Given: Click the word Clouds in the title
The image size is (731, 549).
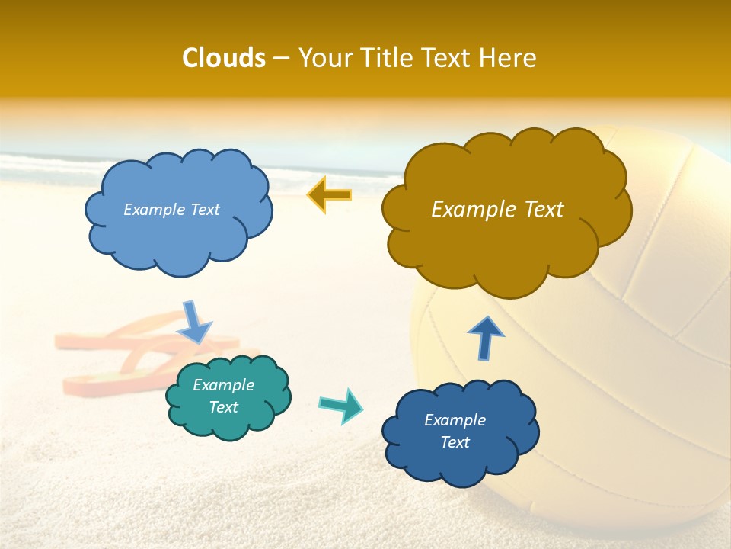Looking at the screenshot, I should (x=223, y=58).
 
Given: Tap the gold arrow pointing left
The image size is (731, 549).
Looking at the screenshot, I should (x=329, y=195).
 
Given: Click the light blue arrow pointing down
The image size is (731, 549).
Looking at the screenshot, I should (x=194, y=322).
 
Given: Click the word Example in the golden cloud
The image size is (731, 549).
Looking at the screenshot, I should (x=473, y=210).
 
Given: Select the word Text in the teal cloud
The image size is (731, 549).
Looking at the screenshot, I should (x=223, y=407).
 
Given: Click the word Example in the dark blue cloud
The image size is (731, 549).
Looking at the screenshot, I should (x=455, y=420).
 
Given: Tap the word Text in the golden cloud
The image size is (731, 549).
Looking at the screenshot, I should (x=542, y=210).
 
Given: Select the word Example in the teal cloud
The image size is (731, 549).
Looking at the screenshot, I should (x=223, y=385).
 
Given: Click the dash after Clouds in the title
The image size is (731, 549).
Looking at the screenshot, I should (x=280, y=59).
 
